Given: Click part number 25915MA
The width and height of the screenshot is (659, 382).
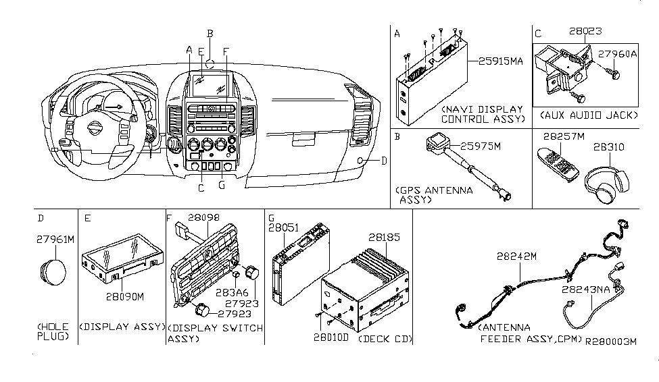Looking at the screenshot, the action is [501, 61].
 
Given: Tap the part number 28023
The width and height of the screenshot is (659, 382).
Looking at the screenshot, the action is [585, 31].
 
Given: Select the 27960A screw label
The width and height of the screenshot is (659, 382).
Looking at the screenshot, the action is [617, 54].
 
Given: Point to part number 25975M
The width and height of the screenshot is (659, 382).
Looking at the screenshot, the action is [481, 146].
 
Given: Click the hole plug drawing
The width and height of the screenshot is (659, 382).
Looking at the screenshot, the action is [53, 271].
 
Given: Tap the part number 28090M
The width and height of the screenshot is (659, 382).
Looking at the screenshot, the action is [125, 297].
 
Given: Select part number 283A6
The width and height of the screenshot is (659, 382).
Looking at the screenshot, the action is [232, 293].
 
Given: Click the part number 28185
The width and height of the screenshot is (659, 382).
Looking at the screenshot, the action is [384, 237].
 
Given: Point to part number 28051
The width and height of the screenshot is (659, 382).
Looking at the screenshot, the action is [284, 228].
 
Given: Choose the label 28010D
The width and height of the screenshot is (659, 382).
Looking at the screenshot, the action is [331, 337].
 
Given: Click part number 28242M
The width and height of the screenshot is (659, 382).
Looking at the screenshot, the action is [516, 256].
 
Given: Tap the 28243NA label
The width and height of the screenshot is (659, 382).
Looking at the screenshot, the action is [586, 290].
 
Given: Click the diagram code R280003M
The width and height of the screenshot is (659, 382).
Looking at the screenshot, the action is [611, 342].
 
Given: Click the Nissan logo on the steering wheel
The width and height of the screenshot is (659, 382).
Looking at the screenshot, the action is [95, 128].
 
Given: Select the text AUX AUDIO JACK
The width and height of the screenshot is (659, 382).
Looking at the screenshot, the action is [589, 115].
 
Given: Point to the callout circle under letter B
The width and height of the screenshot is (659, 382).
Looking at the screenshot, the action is [210, 64].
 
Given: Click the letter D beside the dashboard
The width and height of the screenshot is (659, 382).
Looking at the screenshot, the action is [384, 161].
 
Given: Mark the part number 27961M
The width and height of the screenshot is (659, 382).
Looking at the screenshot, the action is [55, 240].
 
